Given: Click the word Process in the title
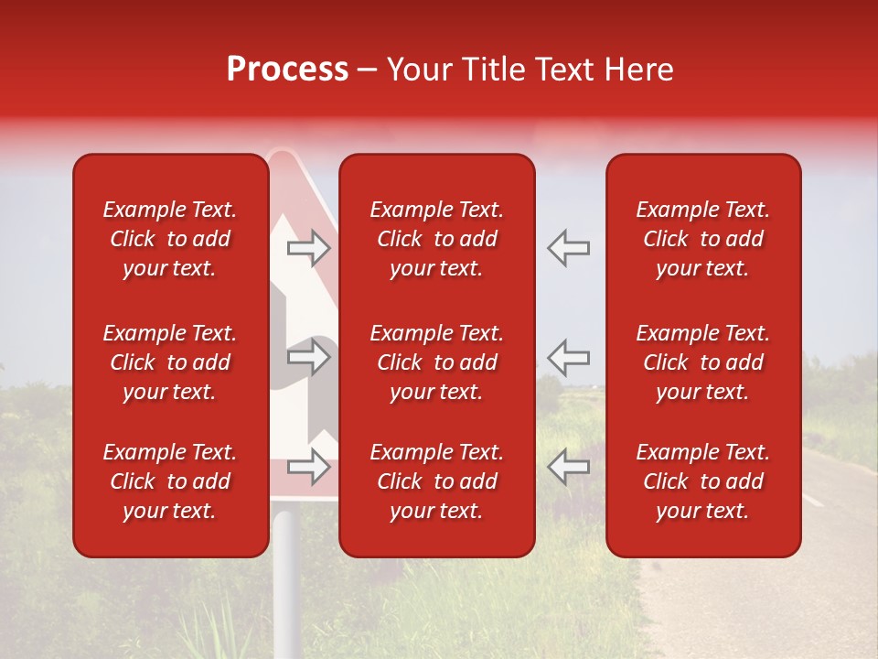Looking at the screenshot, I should click(x=287, y=70).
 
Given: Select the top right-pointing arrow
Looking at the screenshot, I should click(x=309, y=248).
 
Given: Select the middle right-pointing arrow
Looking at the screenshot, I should click(x=309, y=357).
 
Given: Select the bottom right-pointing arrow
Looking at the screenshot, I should click(x=309, y=466).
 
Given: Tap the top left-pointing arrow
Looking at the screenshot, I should click(x=569, y=248).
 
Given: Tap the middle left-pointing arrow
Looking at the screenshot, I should click(x=569, y=357).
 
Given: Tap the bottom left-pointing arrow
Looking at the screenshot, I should click(x=569, y=466).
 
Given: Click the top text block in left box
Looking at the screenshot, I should click(x=170, y=239).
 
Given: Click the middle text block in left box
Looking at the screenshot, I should click(x=170, y=362).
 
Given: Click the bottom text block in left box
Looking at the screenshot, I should click(x=170, y=481).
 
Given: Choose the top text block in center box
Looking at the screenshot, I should click(x=437, y=239).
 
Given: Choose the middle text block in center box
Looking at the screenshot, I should click(x=437, y=362).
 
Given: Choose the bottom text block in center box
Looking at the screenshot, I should click(x=437, y=481).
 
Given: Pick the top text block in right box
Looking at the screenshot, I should click(x=703, y=239).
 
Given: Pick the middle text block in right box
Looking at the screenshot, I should click(x=703, y=362).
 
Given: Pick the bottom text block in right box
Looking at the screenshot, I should click(x=703, y=481).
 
